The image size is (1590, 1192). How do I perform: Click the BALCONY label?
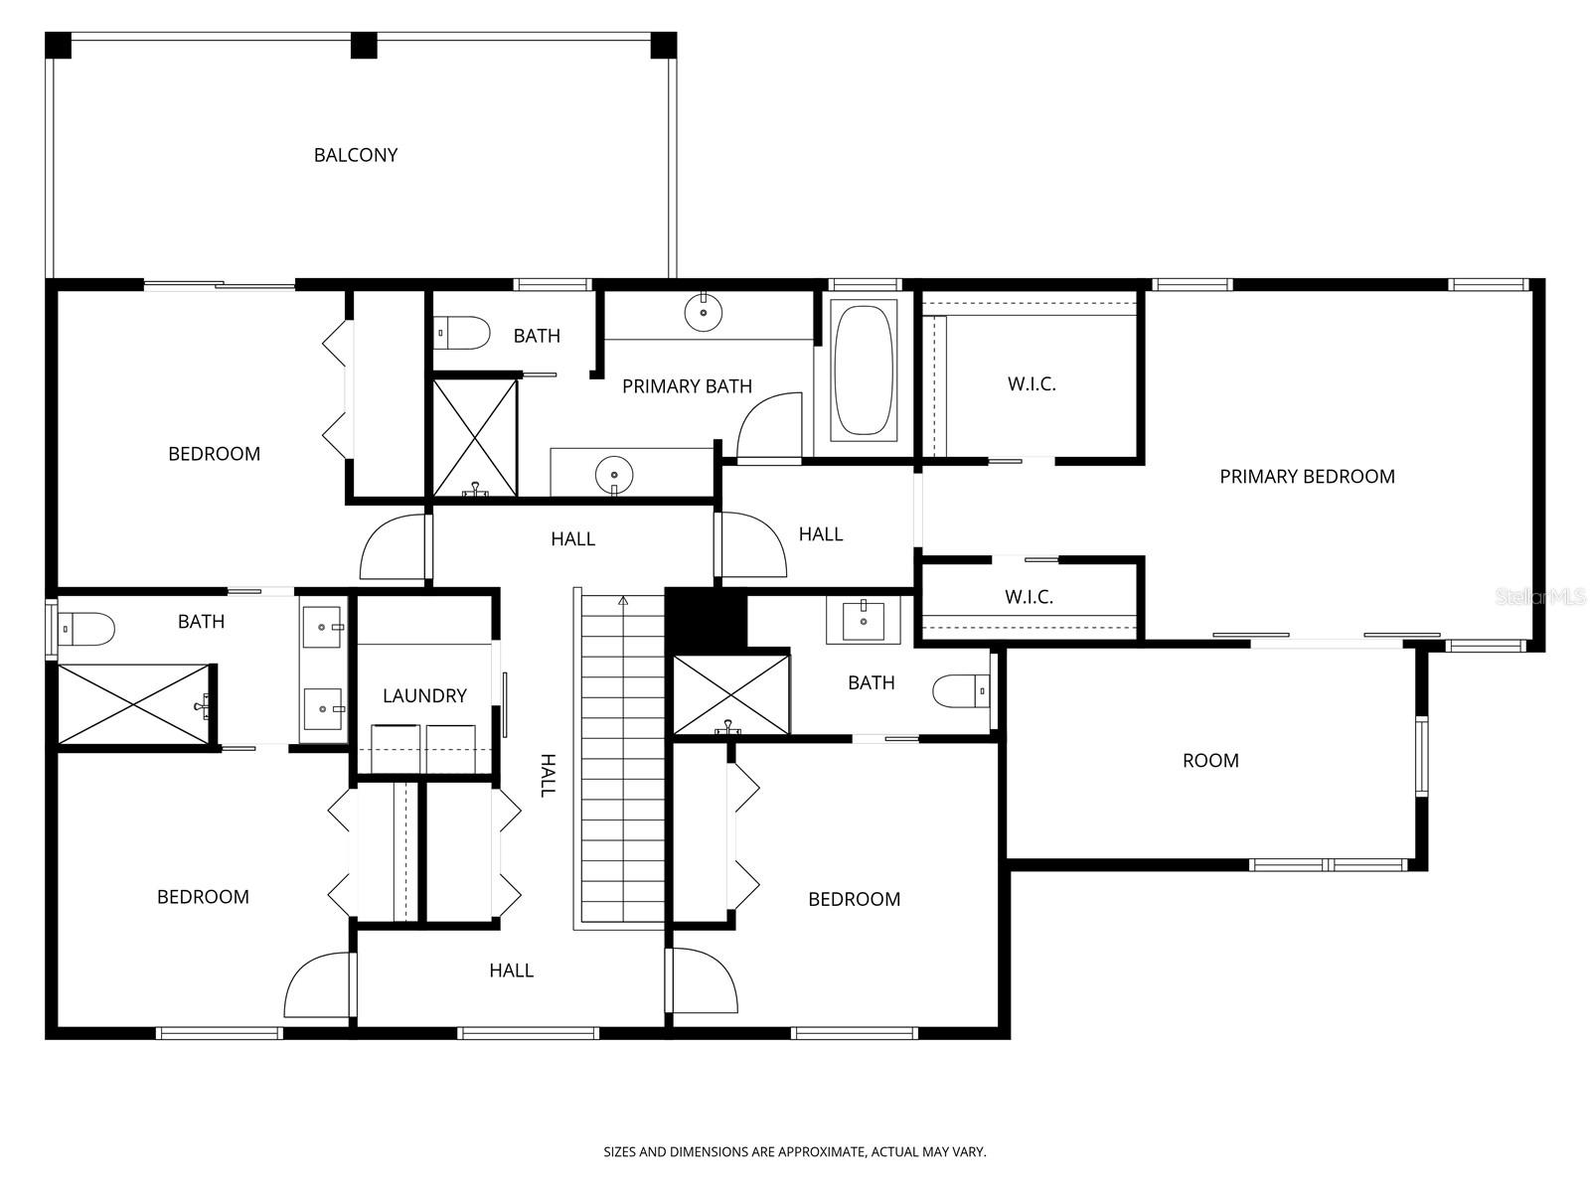click(356, 155)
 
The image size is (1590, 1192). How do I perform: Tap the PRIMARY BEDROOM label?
click(1307, 477)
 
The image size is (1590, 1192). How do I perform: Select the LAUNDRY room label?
click(424, 695)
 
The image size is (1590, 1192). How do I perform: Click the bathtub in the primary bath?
click(863, 371)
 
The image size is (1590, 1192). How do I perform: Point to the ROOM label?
click(1210, 761)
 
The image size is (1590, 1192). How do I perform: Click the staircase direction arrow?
click(623, 600)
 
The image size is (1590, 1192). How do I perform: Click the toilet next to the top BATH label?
click(463, 333)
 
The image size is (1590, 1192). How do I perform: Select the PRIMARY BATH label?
click(687, 386)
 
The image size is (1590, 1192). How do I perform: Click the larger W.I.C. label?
click(1032, 384)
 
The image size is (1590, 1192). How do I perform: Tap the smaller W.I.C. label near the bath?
click(1029, 597)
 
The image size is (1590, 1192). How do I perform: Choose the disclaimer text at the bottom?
click(795, 1152)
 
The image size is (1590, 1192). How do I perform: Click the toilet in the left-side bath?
click(86, 629)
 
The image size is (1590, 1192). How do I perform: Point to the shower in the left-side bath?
click(134, 704)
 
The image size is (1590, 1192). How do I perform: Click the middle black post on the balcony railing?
click(364, 45)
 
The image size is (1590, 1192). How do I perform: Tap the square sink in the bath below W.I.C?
click(863, 621)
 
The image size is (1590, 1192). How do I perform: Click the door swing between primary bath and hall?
click(767, 427)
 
